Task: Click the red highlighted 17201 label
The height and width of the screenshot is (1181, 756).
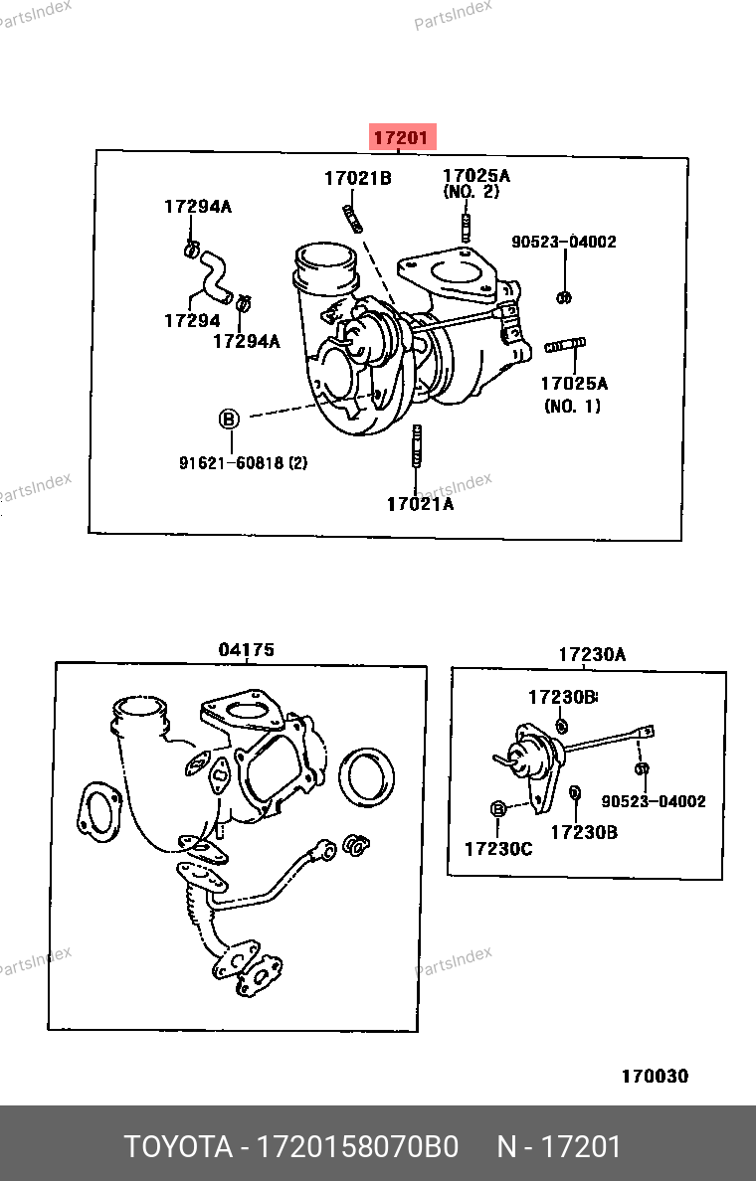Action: point(403,138)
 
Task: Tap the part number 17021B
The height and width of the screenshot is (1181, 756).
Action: point(358,179)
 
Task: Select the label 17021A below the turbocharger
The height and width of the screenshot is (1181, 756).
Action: point(421,505)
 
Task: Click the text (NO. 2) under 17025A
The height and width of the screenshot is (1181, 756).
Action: point(472,192)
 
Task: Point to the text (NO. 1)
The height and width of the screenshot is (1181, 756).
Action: point(573,406)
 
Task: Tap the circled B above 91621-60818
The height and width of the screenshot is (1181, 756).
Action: point(229,419)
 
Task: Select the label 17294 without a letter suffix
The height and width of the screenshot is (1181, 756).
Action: point(192,321)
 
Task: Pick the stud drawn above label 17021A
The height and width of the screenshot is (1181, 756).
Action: point(416,447)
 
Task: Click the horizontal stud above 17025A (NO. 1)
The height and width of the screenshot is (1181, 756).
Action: point(565,346)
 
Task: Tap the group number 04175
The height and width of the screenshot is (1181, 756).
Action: point(247,649)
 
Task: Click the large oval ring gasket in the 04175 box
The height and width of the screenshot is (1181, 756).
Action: point(367,777)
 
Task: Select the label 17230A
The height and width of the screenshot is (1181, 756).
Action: point(593,654)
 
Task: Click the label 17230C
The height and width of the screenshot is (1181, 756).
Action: point(498,849)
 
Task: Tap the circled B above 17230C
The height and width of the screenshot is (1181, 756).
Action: point(497,809)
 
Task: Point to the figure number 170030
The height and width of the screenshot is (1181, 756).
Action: point(655,1076)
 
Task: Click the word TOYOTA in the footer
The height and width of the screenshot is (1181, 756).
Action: point(179,1146)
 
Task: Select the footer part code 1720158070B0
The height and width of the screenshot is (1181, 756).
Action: point(358,1146)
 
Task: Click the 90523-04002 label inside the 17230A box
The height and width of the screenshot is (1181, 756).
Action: point(654,801)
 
